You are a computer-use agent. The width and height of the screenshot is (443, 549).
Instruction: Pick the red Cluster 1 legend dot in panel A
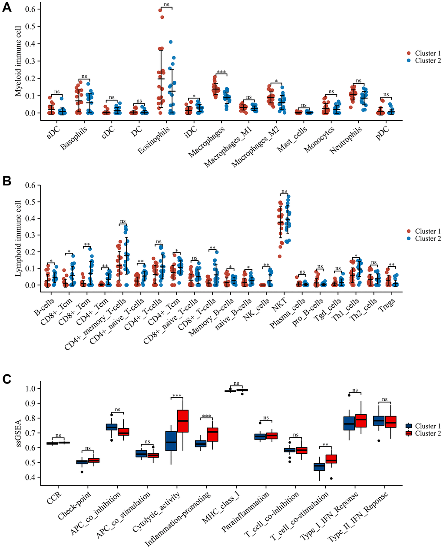point(409,53)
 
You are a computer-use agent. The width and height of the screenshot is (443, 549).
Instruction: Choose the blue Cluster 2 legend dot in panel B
point(409,238)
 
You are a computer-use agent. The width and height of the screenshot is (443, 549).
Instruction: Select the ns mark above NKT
point(284,191)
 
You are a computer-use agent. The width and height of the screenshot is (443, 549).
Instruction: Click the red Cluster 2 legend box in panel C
point(409,433)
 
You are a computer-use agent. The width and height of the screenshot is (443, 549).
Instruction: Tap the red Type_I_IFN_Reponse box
point(361,420)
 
